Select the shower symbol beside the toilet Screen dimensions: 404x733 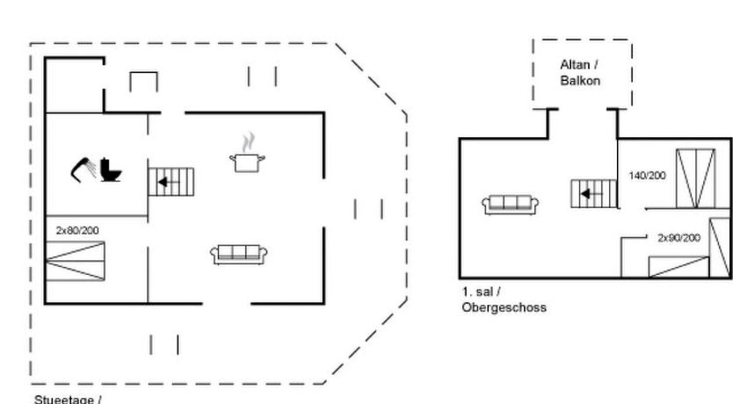coord(84,166)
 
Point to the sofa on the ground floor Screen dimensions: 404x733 coord(239,255)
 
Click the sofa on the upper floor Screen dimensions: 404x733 coord(511,205)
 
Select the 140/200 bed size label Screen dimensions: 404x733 coord(647,176)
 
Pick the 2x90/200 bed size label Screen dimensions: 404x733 coord(679,237)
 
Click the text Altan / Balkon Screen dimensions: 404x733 coord(579,72)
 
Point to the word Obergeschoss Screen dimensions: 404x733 coord(504,307)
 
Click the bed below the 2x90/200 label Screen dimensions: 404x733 coord(678,266)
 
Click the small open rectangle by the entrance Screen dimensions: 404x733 coord(143,82)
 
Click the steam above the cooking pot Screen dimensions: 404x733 coord(249,141)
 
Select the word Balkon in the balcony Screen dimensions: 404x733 coord(579,81)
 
